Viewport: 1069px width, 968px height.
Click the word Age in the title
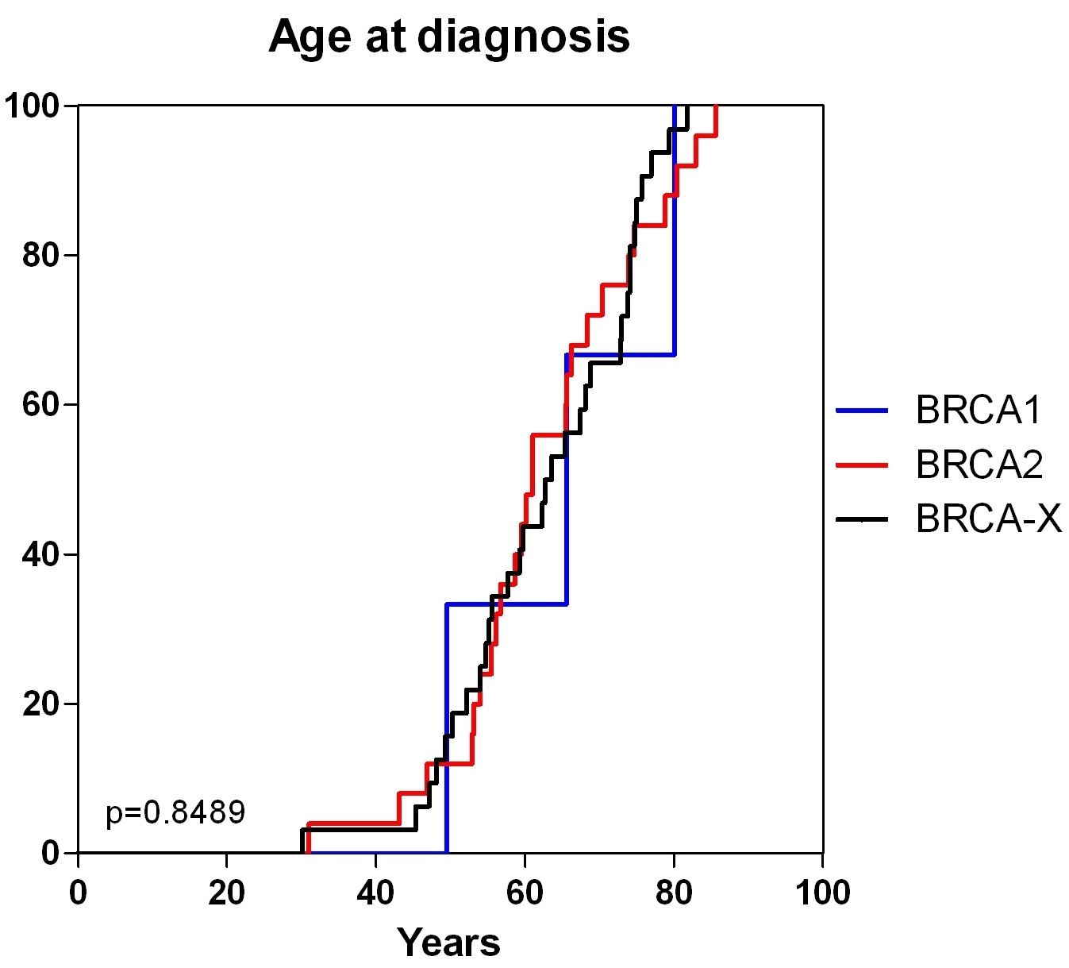tap(310, 38)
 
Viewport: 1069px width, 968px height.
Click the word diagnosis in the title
tap(523, 38)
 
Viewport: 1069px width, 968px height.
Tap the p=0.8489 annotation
tap(175, 812)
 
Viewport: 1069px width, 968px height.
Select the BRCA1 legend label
tap(979, 410)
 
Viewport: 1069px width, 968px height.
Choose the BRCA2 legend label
tap(979, 464)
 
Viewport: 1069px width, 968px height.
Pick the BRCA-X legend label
tap(989, 518)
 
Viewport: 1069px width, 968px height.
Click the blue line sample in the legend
tap(862, 410)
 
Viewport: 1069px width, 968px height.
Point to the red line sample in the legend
tap(862, 465)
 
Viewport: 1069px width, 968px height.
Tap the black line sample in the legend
tap(862, 519)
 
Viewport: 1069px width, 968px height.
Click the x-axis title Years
tap(448, 942)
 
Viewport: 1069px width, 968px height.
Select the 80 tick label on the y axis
tap(40, 255)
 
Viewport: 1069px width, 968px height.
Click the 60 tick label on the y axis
tap(40, 404)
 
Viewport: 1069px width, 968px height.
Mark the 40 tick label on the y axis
tap(40, 554)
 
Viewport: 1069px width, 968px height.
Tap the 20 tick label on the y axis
tap(40, 704)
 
